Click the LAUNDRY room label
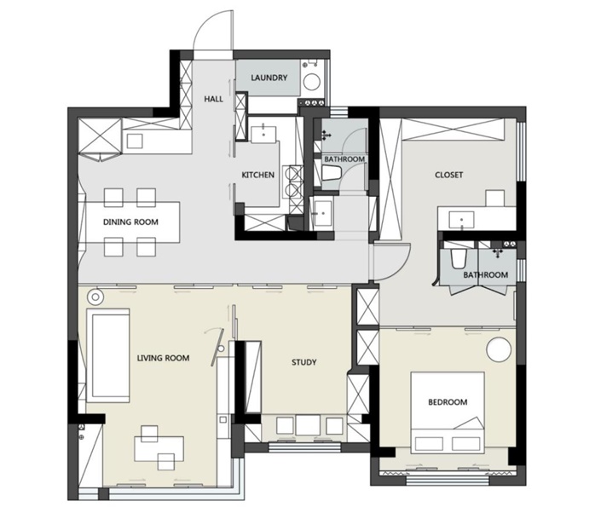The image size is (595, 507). [x=269, y=78]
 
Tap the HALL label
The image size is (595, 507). [x=214, y=99]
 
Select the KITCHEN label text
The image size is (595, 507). [x=258, y=175]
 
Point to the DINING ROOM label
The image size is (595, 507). [x=130, y=222]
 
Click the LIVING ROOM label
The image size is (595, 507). [x=163, y=358]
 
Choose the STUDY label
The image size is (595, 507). [x=304, y=362]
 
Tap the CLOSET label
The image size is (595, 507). [x=449, y=175]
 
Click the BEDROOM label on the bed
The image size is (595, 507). [x=448, y=402]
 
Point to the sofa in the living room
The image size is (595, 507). [x=108, y=355]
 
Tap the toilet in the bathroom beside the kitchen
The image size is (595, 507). [x=332, y=173]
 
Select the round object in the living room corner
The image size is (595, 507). [x=95, y=297]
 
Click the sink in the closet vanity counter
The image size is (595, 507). [x=461, y=220]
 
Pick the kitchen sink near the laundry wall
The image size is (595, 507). [x=263, y=134]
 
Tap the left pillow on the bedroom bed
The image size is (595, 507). [x=429, y=444]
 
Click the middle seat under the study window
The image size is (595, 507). [x=309, y=425]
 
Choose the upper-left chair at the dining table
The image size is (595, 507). [x=113, y=197]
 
